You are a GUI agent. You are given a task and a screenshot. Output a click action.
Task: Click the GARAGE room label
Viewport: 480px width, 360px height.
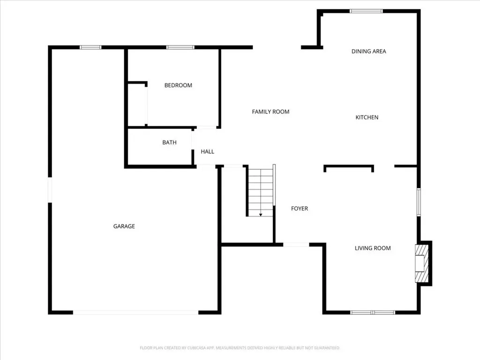(124, 226)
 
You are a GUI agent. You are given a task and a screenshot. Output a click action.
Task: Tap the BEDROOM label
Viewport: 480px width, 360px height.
(178, 85)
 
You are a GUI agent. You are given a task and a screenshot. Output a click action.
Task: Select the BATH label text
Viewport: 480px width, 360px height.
(169, 142)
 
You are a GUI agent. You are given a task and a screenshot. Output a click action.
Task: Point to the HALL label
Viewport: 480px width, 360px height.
(207, 151)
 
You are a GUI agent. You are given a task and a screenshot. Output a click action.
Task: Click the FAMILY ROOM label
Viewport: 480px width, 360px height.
(270, 112)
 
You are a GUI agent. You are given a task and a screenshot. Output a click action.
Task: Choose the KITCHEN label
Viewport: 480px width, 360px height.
(367, 117)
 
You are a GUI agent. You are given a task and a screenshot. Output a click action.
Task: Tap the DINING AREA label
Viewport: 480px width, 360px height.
(368, 52)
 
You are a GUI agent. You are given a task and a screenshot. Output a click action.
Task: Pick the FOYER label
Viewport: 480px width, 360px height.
(300, 209)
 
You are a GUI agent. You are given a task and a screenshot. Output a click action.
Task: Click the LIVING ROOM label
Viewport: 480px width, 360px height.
(373, 248)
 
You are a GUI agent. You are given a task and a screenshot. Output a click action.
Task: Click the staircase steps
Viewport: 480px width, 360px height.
(261, 191)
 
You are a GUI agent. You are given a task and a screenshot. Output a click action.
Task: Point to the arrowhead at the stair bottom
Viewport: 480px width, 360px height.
(261, 215)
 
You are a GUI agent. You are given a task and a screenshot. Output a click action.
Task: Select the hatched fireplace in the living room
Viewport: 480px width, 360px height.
(421, 263)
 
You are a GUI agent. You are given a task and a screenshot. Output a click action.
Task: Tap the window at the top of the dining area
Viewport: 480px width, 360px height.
(366, 11)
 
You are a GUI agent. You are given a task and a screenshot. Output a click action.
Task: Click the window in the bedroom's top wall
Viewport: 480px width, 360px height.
(180, 47)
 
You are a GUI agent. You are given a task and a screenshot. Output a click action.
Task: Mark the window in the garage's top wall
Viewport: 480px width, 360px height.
(90, 47)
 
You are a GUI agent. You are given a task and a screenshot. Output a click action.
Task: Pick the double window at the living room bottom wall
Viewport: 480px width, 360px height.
(373, 313)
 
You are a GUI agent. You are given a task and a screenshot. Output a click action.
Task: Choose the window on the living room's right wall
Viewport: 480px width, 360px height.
(419, 202)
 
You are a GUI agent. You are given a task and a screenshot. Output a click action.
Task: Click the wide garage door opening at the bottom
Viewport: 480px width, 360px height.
(135, 313)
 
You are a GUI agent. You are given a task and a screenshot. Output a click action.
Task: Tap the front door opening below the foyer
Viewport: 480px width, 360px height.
(296, 245)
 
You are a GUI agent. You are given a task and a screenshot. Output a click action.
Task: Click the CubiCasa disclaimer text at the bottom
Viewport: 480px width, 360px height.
(240, 348)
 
